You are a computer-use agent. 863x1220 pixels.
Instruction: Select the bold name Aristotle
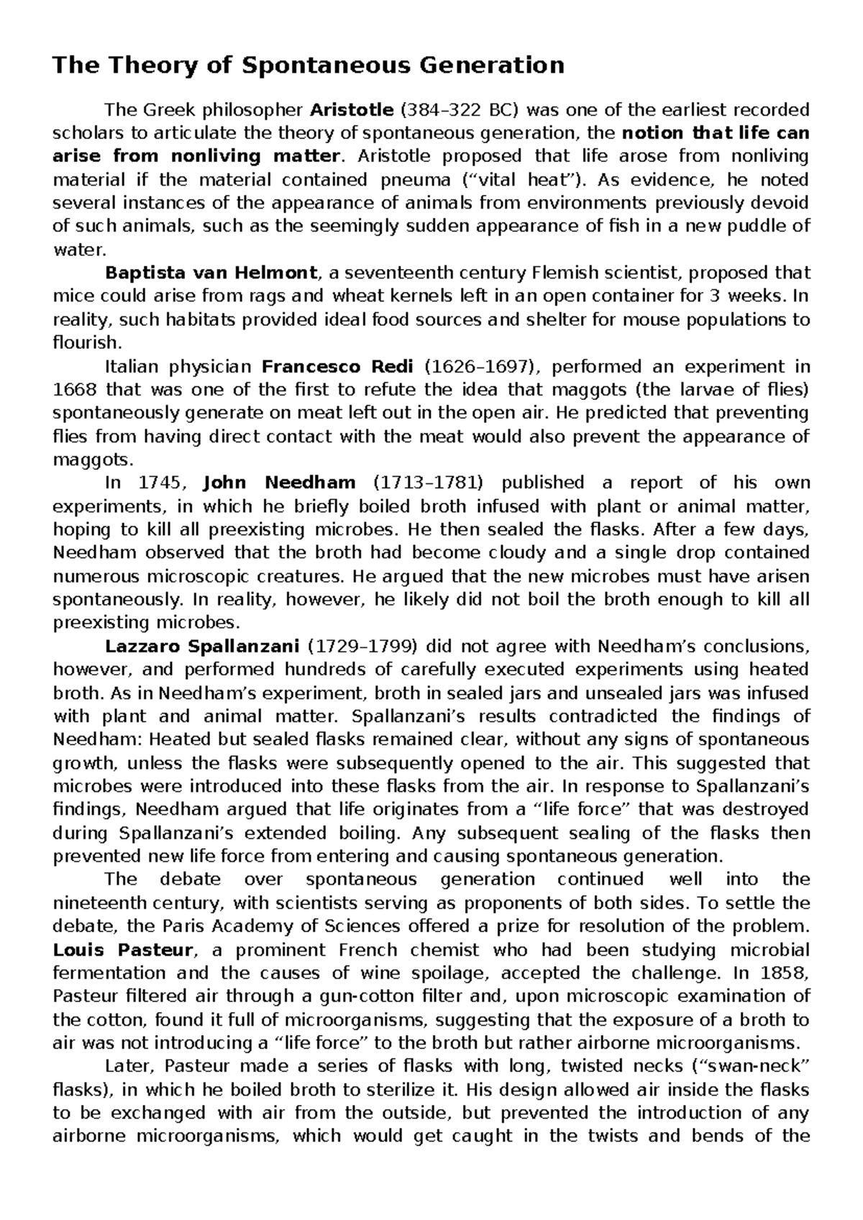point(352,110)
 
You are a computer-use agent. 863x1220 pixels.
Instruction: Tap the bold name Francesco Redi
point(337,367)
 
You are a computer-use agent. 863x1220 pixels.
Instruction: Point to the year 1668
point(74,391)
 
